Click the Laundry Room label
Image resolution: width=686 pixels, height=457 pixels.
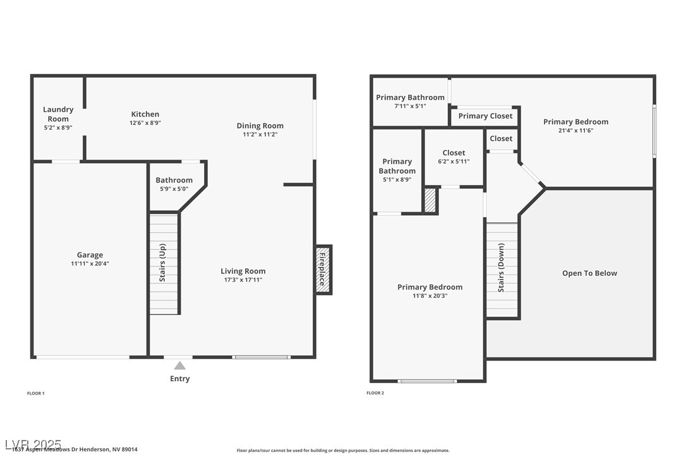point(58,114)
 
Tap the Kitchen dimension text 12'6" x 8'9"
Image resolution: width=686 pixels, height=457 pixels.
point(145,123)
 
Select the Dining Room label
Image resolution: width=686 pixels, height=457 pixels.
point(260,126)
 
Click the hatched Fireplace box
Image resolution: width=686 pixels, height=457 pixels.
point(323,270)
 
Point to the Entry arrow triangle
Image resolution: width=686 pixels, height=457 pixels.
point(180,365)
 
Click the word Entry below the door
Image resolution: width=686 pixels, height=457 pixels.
point(180,379)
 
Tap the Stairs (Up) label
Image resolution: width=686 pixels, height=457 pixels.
point(162,262)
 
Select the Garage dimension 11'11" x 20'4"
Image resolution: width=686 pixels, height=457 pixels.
point(90,264)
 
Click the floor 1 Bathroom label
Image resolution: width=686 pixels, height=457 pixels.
point(174,181)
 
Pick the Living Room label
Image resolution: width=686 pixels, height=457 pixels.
point(243,271)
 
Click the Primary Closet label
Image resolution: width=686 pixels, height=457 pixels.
point(485,116)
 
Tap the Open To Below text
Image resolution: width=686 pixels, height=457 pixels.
point(589,273)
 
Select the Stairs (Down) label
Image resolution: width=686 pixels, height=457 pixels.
point(501,268)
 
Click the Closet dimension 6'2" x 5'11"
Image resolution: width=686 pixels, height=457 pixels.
point(454,162)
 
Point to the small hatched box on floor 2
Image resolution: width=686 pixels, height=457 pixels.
point(430,201)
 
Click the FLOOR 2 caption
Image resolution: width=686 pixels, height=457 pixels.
point(375,393)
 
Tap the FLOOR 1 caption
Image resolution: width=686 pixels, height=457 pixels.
point(35,393)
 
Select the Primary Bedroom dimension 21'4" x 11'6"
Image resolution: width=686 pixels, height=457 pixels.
point(575,131)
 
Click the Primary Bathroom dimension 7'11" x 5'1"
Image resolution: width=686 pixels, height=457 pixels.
point(410,106)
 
